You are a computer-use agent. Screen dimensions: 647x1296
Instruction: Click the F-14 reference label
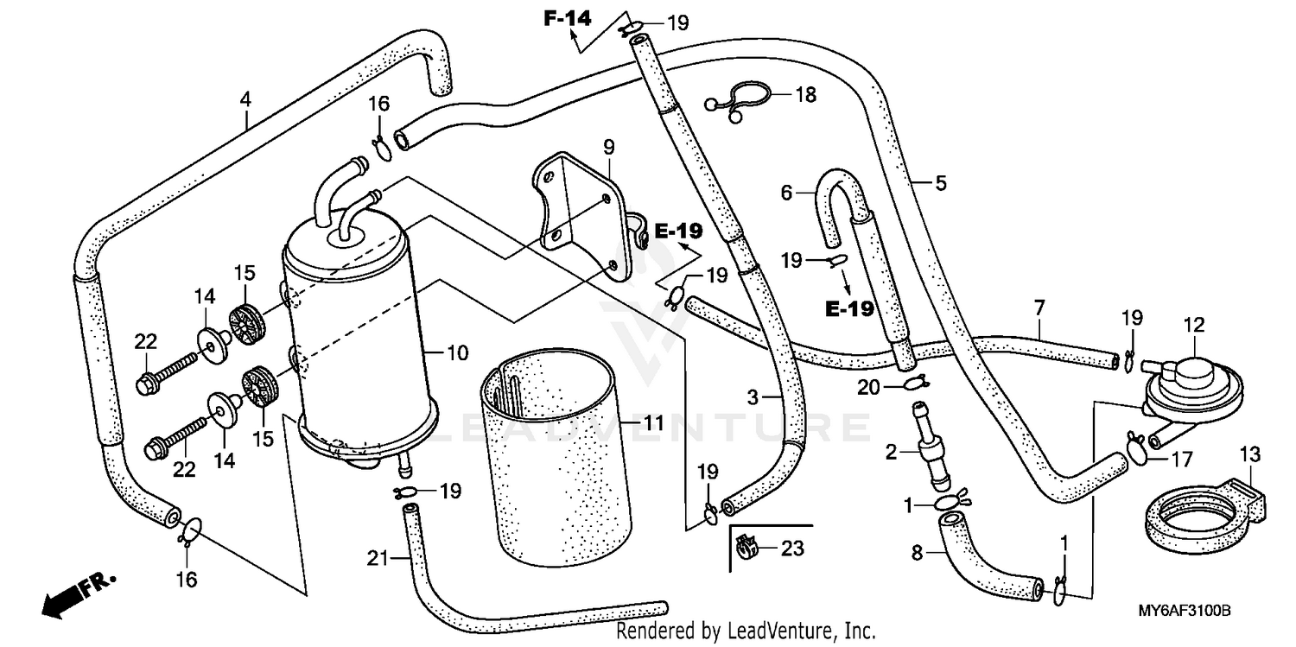[567, 16]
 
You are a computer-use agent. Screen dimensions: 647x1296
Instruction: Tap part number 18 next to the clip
[805, 94]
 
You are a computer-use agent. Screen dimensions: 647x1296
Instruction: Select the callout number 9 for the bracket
[608, 147]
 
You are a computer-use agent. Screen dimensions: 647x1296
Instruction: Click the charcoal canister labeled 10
[354, 346]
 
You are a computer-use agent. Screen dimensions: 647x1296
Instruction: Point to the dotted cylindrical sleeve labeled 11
[553, 449]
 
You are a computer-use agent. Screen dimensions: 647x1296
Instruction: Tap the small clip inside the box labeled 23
[747, 547]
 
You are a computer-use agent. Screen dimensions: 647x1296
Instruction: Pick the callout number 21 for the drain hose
[373, 559]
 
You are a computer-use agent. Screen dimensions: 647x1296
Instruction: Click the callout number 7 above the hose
[1039, 307]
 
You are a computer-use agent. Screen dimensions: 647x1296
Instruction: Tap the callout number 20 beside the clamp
[869, 389]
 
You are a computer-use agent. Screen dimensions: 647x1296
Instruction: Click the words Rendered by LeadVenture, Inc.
[746, 631]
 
